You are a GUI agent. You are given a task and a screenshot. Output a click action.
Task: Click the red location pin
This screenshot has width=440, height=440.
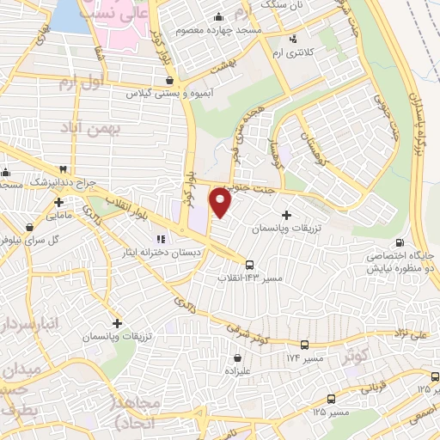[222, 202]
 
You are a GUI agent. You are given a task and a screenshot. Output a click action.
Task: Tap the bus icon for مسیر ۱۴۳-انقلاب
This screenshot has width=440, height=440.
[250, 265]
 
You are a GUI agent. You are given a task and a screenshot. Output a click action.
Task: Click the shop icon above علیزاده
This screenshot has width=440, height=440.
[237, 357]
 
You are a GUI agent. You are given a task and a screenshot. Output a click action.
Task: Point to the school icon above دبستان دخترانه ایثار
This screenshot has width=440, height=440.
[159, 239]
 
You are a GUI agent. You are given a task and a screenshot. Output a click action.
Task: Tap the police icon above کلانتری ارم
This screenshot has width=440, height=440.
[294, 39]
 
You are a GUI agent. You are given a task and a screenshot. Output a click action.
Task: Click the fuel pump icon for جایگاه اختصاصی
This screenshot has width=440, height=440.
[400, 244]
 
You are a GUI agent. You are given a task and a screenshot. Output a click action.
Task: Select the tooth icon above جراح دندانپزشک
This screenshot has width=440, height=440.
[61, 171]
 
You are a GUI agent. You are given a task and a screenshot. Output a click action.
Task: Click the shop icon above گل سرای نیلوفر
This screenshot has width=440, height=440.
[31, 228]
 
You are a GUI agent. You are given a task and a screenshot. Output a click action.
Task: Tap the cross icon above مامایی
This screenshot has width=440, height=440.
[58, 204]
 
